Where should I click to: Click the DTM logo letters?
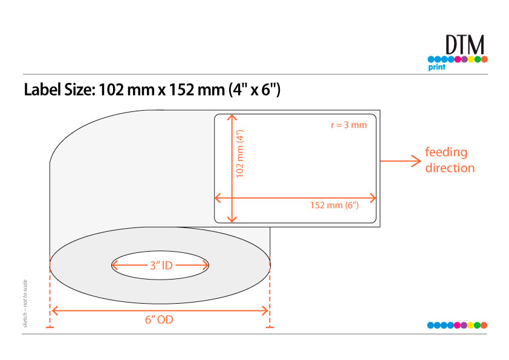click(465, 45)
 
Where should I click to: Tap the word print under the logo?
click(436, 67)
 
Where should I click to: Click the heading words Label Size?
click(59, 90)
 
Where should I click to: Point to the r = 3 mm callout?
click(349, 125)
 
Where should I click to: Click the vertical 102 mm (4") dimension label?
click(240, 154)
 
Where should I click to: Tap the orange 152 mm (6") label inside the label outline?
click(334, 205)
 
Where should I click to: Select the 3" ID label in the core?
click(161, 266)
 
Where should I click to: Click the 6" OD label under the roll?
click(159, 319)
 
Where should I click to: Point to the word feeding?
click(446, 152)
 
